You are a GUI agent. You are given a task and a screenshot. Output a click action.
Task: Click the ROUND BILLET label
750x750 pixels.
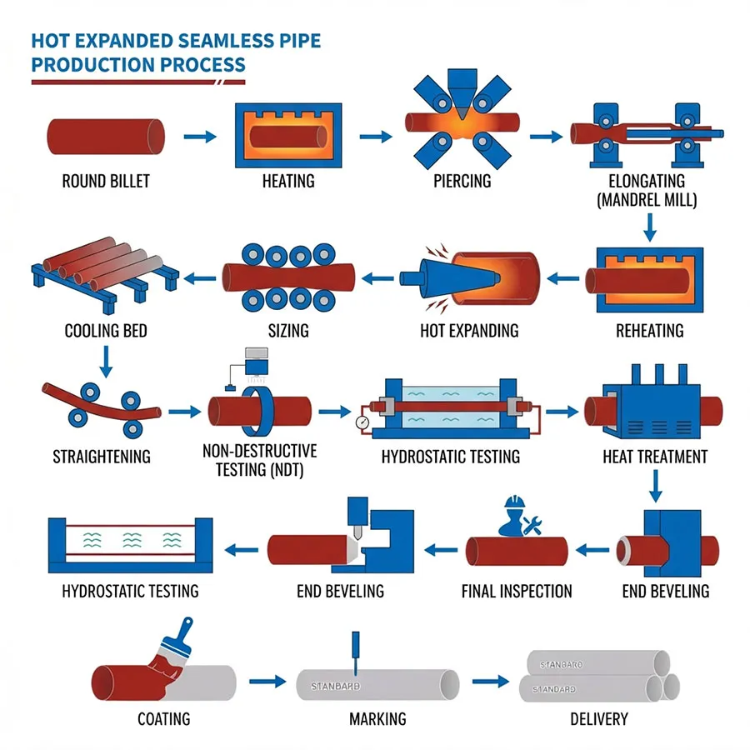[x=106, y=181]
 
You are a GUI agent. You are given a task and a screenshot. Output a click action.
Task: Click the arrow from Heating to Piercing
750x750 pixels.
[x=374, y=136]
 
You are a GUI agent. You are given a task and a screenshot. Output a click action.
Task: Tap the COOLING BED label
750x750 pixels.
[x=106, y=331]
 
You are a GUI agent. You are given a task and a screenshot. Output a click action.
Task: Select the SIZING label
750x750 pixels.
[x=288, y=331]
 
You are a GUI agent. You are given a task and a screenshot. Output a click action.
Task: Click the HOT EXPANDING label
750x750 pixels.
[x=469, y=331]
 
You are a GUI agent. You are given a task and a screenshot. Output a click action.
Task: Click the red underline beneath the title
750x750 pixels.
[x=138, y=82]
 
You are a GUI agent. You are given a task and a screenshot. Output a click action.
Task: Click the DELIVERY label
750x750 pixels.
[x=599, y=717]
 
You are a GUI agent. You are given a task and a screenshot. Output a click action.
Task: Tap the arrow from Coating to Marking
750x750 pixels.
[x=262, y=681]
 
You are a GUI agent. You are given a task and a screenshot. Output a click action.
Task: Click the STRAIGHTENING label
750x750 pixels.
[x=102, y=456]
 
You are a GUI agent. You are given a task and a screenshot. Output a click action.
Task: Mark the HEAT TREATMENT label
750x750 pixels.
[x=655, y=456]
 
